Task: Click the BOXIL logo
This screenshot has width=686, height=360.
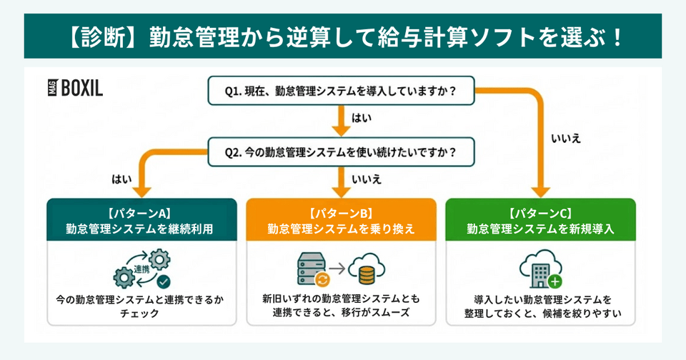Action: tap(74, 88)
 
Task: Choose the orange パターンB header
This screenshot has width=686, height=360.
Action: tap(340, 220)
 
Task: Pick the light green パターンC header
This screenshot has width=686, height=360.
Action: tap(541, 220)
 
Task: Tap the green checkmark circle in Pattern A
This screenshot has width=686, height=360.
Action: tap(163, 281)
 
